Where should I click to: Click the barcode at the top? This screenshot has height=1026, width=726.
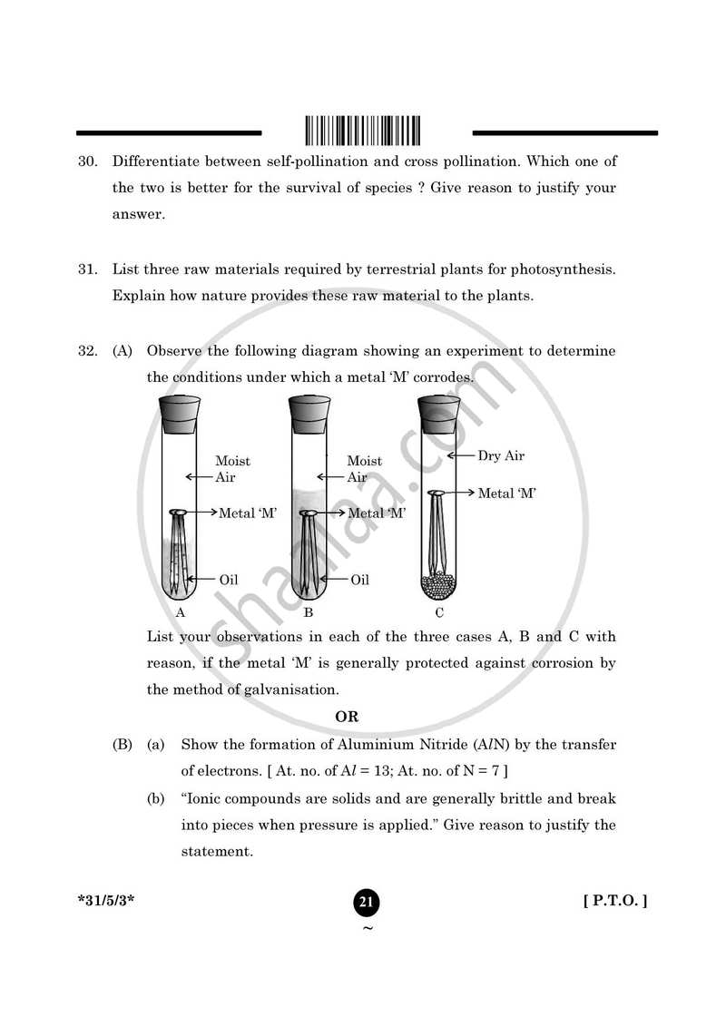click(364, 131)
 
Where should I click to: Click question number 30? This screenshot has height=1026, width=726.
click(87, 161)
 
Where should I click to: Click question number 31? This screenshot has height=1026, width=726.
click(87, 269)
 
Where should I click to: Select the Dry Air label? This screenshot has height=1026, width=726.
click(501, 456)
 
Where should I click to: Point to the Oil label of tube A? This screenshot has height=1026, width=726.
click(230, 579)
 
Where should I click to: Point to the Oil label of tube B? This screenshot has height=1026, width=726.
click(360, 579)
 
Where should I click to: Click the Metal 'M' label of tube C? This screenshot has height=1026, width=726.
click(507, 493)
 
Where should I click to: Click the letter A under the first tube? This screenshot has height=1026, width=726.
click(181, 612)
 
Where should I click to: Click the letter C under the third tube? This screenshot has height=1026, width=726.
click(439, 612)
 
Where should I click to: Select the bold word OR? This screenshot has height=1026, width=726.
click(347, 717)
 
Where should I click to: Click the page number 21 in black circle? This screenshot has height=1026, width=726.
click(367, 902)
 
